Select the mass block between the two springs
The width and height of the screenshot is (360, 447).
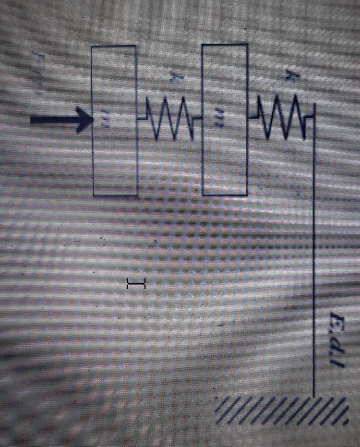[225, 120]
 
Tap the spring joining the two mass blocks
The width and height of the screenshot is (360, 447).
[170, 117]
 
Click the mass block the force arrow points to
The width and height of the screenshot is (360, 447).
[114, 121]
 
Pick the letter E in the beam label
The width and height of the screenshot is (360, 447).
[339, 319]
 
